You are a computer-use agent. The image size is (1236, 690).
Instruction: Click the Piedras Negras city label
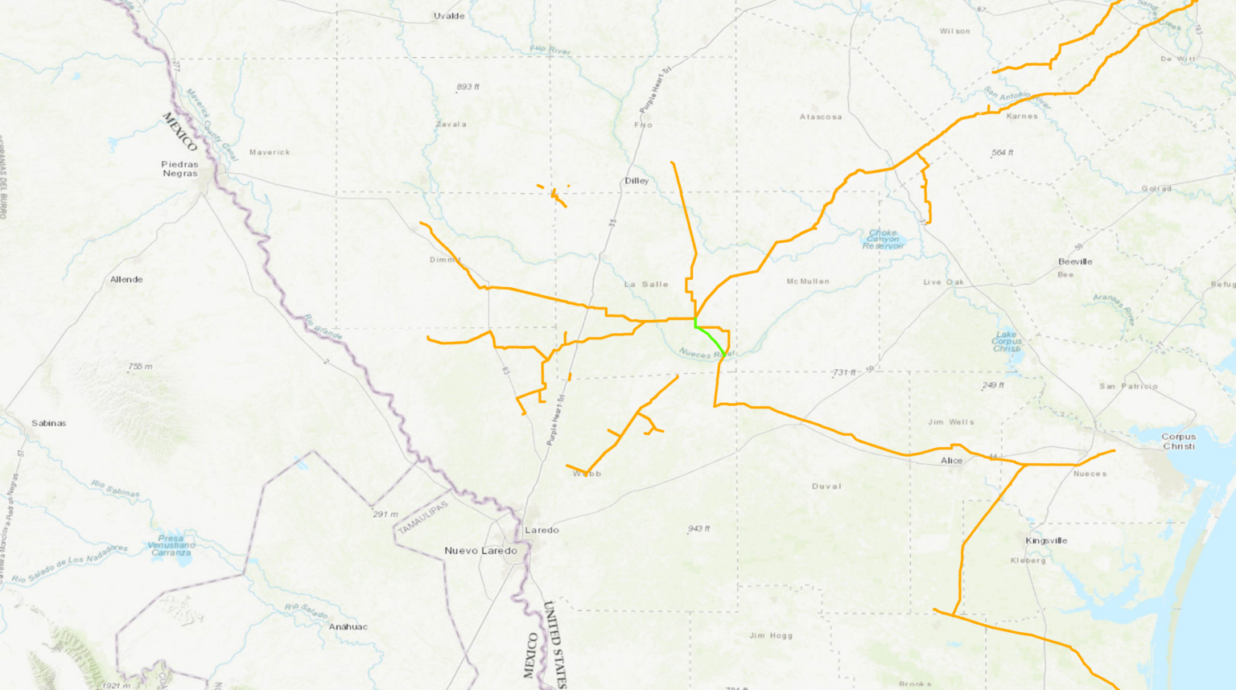click(179, 169)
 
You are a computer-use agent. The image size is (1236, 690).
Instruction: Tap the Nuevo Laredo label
click(480, 551)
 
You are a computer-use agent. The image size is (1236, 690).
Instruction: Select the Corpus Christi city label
click(1178, 442)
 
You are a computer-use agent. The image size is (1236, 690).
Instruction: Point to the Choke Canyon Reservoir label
click(883, 239)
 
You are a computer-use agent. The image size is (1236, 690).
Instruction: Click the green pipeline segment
click(711, 338)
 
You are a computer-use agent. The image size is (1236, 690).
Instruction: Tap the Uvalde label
click(449, 16)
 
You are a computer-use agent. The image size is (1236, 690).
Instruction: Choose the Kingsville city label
click(1046, 540)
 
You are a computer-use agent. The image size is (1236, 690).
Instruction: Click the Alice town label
click(951, 461)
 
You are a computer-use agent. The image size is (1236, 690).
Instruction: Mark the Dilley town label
click(637, 181)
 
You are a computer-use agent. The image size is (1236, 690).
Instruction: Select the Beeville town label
click(1075, 262)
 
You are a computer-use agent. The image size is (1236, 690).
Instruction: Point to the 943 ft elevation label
click(698, 529)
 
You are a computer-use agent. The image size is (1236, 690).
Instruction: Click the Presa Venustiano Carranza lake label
click(171, 545)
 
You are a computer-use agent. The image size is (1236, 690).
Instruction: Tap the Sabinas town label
click(49, 423)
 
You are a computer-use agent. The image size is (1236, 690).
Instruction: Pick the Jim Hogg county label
click(771, 635)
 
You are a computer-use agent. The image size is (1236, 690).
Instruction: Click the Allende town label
click(126, 280)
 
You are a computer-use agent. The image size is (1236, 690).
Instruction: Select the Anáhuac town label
click(348, 626)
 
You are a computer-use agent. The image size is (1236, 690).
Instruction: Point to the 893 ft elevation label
click(468, 87)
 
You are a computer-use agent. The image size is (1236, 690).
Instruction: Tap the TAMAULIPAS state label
click(423, 518)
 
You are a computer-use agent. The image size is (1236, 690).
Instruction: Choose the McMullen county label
click(808, 281)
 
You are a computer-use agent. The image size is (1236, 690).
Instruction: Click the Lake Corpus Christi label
click(1006, 341)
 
